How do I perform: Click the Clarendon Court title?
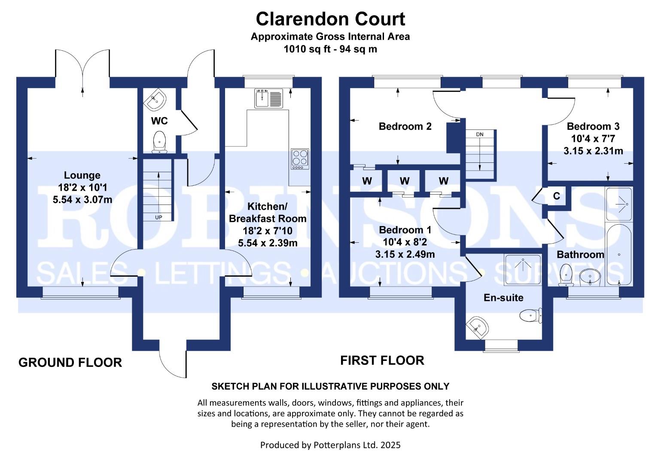(330, 19)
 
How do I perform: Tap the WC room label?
(159, 121)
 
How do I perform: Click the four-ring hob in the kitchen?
(300, 158)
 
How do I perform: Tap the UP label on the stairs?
(158, 217)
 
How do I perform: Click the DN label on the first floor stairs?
(480, 134)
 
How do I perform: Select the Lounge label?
(82, 175)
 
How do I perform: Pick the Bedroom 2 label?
(405, 126)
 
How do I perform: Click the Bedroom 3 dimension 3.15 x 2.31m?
(593, 151)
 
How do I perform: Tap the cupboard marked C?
(556, 196)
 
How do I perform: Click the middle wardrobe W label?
(405, 181)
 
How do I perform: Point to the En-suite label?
(503, 297)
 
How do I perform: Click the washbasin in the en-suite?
(478, 328)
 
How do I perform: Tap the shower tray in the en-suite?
(522, 269)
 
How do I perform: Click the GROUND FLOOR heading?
(70, 363)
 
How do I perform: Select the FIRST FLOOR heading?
(382, 360)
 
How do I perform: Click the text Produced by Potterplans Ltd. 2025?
(330, 445)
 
